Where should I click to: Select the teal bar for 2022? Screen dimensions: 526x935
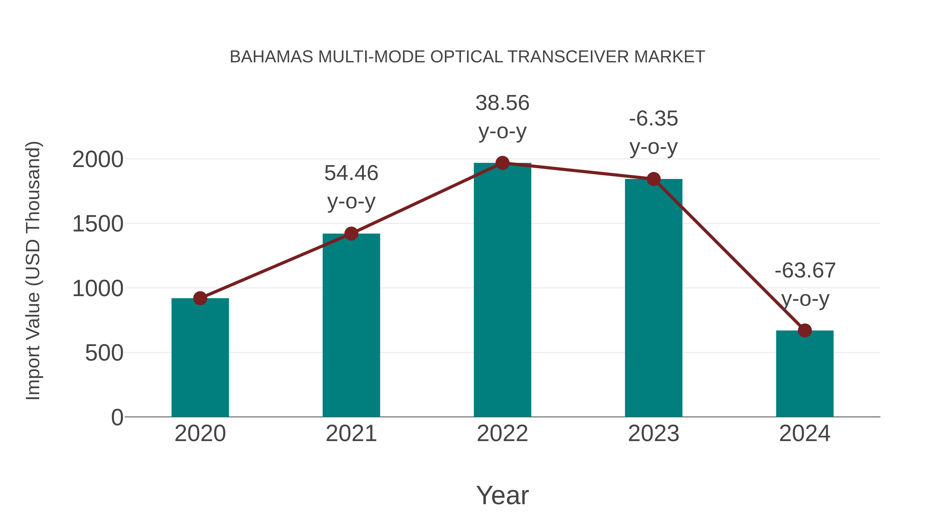(x=502, y=290)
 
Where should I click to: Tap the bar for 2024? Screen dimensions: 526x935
(x=805, y=374)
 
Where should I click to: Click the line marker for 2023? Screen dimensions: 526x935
(x=654, y=179)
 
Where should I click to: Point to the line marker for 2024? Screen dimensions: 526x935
(x=805, y=330)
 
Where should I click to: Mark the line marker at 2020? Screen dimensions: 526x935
(x=200, y=298)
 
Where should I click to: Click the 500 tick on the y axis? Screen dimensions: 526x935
(x=104, y=353)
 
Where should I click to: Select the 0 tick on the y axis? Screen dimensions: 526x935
(x=117, y=417)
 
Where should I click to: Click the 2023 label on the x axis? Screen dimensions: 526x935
(x=653, y=434)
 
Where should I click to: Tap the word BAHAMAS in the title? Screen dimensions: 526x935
(x=271, y=57)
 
